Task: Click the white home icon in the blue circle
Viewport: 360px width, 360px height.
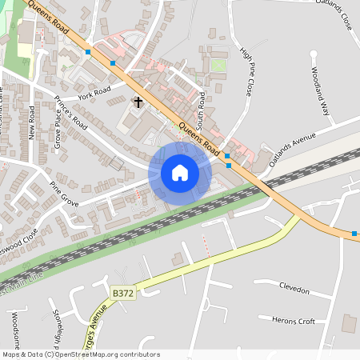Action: click(179, 173)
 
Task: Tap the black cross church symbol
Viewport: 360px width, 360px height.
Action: click(138, 102)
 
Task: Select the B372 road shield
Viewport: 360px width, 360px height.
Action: click(122, 294)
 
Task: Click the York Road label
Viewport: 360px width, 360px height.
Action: click(94, 94)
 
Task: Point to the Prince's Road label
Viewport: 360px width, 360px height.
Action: click(70, 113)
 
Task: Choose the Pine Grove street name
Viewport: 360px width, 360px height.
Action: click(64, 194)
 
